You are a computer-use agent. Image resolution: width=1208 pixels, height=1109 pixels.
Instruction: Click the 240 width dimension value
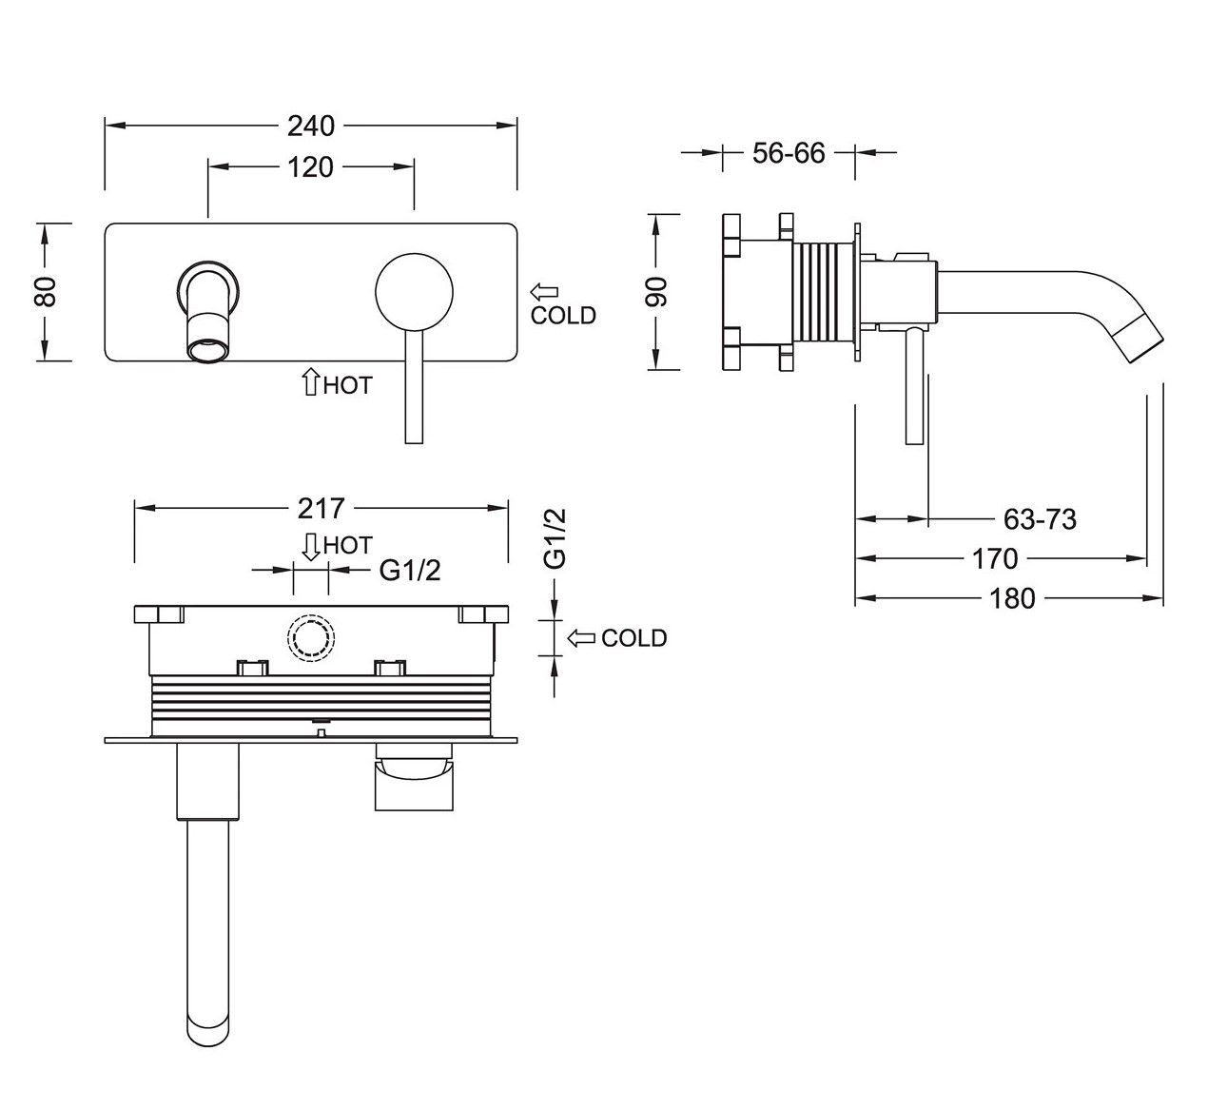[x=311, y=126]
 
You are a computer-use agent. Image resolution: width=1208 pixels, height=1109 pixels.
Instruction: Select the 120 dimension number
[x=311, y=167]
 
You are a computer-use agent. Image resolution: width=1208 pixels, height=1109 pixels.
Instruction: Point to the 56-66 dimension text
[x=788, y=152]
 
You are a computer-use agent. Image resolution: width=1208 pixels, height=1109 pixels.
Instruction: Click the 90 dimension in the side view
[x=657, y=291]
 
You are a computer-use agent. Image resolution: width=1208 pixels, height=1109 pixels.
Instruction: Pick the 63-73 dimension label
[x=1040, y=519]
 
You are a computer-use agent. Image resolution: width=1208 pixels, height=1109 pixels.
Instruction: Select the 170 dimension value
[x=995, y=558]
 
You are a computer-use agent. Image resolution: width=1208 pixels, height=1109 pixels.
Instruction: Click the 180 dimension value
[x=1011, y=598]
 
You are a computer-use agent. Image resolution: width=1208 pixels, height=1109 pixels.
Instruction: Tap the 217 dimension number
[x=321, y=509]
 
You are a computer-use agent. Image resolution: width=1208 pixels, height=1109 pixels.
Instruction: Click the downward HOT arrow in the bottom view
[x=310, y=545]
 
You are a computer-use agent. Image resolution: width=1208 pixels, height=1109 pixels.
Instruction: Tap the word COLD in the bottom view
[x=633, y=638]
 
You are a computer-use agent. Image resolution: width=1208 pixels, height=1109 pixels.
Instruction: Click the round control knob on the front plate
[x=413, y=293]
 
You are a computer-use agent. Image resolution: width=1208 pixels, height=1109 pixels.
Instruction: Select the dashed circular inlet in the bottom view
[x=310, y=637]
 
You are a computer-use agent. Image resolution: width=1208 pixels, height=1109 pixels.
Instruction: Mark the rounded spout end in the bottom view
[x=207, y=1026]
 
